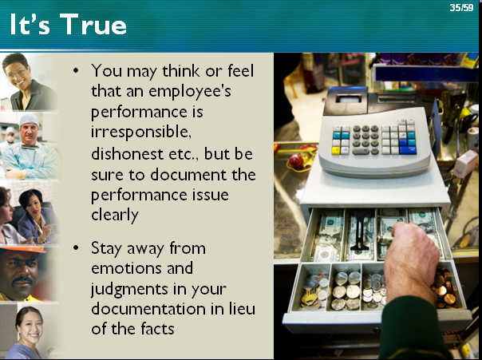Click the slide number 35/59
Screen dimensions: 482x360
pos(461,7)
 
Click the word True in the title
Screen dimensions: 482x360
pos(93,24)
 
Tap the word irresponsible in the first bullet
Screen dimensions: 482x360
pos(141,133)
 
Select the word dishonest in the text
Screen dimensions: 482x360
pos(127,153)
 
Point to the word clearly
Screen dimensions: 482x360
pos(115,215)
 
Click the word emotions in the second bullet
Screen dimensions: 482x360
pos(127,268)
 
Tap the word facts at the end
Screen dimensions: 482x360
pos(158,329)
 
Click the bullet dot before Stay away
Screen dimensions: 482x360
pos(76,247)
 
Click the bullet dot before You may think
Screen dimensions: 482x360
pos(76,70)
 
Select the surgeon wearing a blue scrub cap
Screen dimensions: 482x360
pos(30,147)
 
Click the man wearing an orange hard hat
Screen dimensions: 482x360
pos(22,274)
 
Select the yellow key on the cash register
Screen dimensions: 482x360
pos(336,151)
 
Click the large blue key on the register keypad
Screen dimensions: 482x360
pos(408,150)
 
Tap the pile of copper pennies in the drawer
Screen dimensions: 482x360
pos(444,289)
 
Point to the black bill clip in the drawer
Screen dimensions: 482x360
pos(360,234)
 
